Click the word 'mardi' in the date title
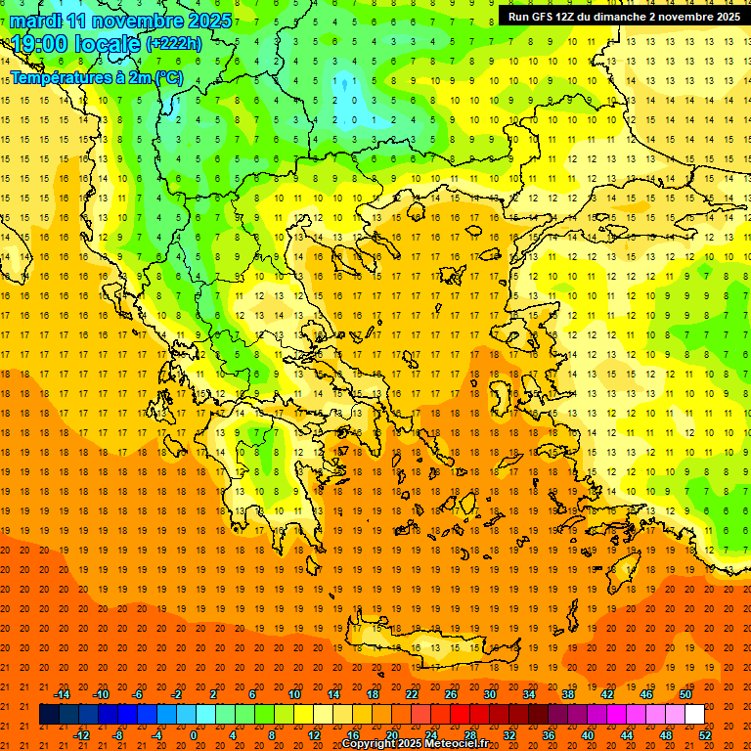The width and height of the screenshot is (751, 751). point(35,20)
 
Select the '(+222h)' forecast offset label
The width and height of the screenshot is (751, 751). point(173,43)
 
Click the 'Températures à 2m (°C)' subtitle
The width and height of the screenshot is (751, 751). point(96,77)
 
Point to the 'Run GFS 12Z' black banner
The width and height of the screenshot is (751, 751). point(624,17)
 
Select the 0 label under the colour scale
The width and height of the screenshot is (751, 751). point(194,735)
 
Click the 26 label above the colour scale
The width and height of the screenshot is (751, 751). point(451,694)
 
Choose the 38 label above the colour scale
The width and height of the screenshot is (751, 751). point(568,694)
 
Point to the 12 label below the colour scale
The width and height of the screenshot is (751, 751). point(313,735)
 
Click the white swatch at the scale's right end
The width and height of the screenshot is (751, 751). point(694,715)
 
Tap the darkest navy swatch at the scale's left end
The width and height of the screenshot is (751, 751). point(49,715)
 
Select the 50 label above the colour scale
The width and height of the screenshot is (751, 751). point(685,694)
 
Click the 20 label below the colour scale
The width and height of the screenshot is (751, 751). point(391,735)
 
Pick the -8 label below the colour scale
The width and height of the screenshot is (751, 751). point(117,735)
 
